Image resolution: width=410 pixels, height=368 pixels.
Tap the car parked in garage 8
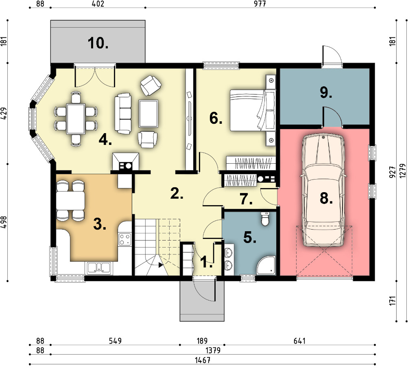(323, 190)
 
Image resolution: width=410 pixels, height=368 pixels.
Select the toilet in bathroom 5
(265, 219)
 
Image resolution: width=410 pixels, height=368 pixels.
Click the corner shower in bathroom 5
(266, 265)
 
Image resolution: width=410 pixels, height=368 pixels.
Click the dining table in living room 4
(76, 118)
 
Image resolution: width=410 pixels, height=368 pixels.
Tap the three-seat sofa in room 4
(123, 114)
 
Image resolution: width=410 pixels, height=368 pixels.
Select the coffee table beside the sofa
(148, 113)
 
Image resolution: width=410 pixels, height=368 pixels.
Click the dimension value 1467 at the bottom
(203, 360)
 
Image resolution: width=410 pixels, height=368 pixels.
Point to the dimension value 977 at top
(260, 4)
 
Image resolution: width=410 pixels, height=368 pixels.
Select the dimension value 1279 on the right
(403, 171)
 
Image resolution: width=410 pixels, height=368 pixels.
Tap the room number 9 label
(326, 92)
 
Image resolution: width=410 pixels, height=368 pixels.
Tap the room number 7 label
(246, 199)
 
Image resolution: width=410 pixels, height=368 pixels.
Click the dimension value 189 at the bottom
(202, 341)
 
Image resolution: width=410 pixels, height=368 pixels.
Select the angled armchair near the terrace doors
(150, 85)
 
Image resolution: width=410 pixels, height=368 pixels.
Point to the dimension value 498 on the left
(4, 223)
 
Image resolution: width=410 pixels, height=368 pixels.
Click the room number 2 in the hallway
(177, 193)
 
